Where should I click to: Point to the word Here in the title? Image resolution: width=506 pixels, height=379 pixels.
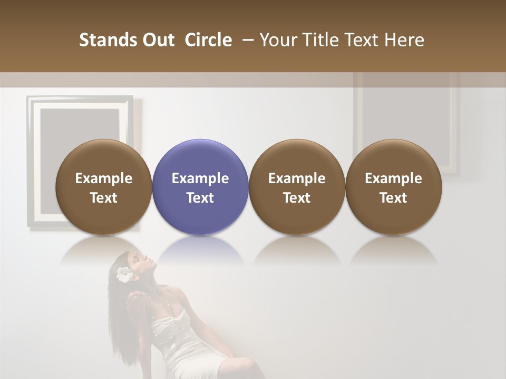pyautogui.click(x=404, y=40)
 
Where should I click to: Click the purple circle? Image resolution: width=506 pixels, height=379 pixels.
pyautogui.click(x=200, y=187)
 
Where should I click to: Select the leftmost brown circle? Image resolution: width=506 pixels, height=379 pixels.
pyautogui.click(x=104, y=187)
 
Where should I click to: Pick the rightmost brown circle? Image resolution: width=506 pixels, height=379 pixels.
pyautogui.click(x=394, y=187)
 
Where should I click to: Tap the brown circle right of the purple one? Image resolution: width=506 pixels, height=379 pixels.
pyautogui.click(x=297, y=187)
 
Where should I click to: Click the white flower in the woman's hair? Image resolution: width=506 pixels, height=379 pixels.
pyautogui.click(x=124, y=274)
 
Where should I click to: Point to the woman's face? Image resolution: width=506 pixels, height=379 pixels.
pyautogui.click(x=134, y=266)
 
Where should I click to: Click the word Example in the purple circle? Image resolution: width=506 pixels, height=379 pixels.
pyautogui.click(x=200, y=178)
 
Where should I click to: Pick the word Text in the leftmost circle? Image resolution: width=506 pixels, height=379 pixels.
pyautogui.click(x=104, y=198)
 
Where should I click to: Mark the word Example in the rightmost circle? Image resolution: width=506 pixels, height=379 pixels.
pyautogui.click(x=394, y=178)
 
